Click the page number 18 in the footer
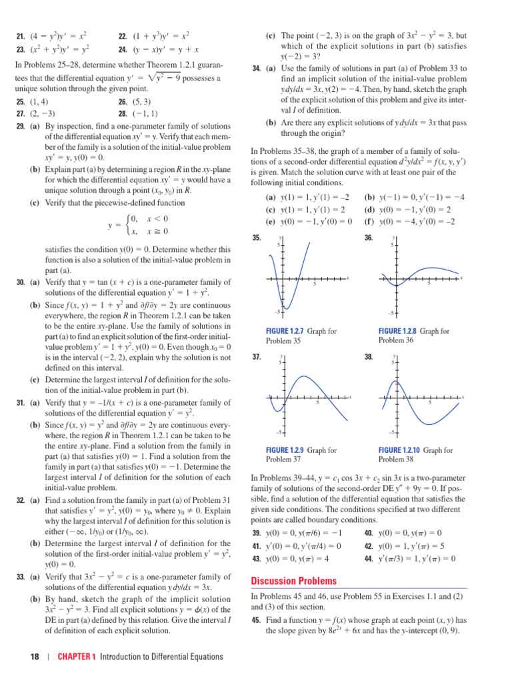coord(35,657)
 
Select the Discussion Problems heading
coord(293,581)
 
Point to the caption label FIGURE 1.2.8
coord(397,331)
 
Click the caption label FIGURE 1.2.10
coord(399,450)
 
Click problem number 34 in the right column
coord(257,69)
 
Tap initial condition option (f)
coord(369,222)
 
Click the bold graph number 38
coord(368,358)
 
